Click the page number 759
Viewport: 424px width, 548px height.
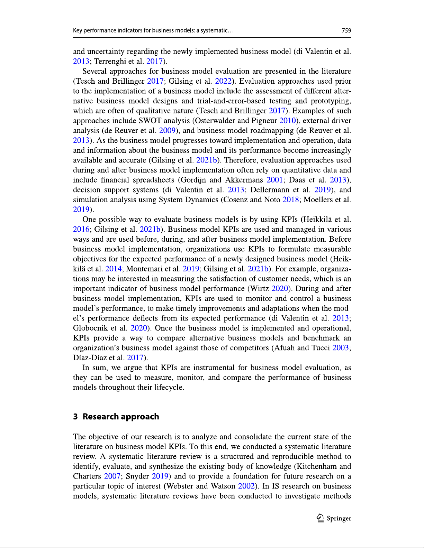click(346, 30)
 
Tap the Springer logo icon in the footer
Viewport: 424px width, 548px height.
click(320, 518)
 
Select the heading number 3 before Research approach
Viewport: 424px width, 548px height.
click(75, 417)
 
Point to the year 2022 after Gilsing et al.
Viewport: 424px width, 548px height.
click(223, 81)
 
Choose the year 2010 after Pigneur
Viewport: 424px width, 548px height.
click(288, 121)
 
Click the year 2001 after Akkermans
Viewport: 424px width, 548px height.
click(275, 180)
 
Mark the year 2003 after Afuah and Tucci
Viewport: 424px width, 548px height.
click(341, 348)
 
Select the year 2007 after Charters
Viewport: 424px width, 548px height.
click(112, 476)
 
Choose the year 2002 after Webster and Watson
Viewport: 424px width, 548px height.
click(246, 486)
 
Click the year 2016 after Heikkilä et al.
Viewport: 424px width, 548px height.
click(81, 229)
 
